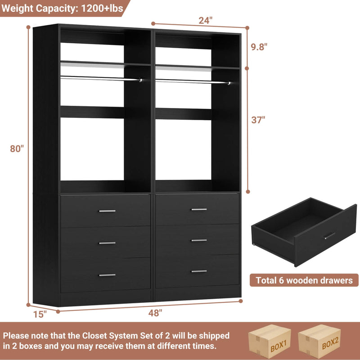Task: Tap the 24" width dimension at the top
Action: [x=205, y=20]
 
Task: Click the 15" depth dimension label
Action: [x=39, y=315]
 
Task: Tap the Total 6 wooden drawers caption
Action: [x=304, y=280]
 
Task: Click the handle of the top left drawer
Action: [x=107, y=211]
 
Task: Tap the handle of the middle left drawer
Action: [x=107, y=243]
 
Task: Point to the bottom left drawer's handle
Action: [x=107, y=275]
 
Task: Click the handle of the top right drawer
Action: [x=199, y=209]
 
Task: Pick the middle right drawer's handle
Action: [x=199, y=240]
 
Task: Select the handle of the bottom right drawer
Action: [x=199, y=271]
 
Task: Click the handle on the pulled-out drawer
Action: [x=329, y=235]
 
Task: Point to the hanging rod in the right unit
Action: [x=191, y=81]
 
